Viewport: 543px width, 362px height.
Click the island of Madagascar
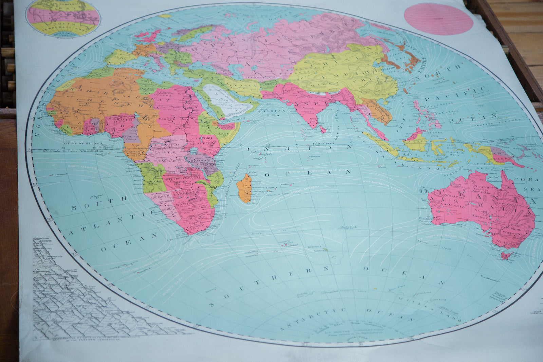(244, 189)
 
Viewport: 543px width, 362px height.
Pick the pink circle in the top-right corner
(438, 19)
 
